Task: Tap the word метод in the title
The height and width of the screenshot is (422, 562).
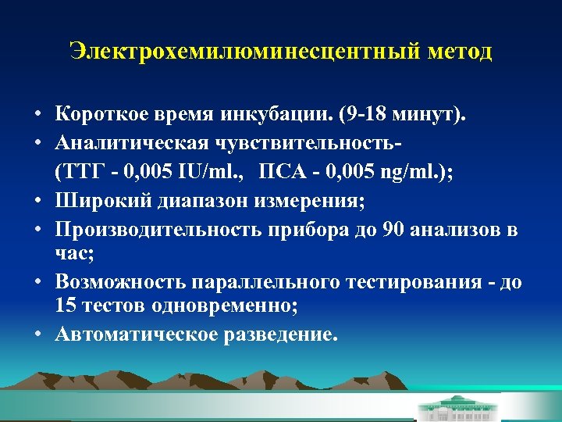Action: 460,52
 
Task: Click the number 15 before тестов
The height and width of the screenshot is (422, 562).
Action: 66,306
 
